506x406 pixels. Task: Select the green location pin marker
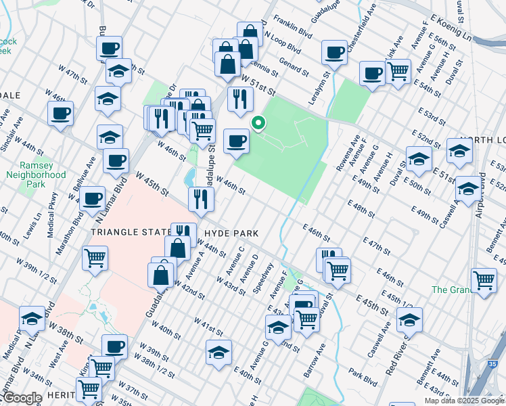(x=258, y=123)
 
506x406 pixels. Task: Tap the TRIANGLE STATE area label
(x=129, y=231)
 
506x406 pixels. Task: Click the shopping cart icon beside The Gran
(x=484, y=280)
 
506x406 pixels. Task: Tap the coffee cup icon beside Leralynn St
(x=334, y=52)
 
